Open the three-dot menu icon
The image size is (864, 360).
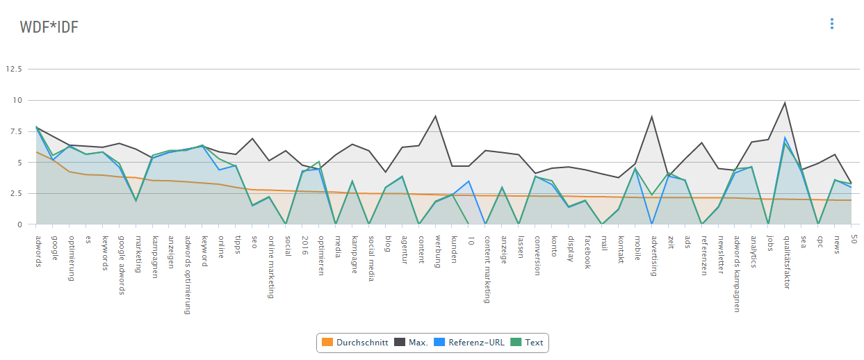(x=831, y=24)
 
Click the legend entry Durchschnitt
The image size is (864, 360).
(x=354, y=343)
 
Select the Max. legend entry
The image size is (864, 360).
(x=411, y=343)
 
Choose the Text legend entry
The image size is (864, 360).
(x=528, y=343)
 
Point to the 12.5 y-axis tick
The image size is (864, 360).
(x=14, y=69)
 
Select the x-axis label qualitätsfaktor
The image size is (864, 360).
(x=787, y=261)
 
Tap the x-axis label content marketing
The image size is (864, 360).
(x=487, y=269)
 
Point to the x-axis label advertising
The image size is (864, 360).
(x=654, y=255)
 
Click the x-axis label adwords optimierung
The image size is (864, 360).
(x=188, y=275)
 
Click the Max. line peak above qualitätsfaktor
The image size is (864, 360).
(x=785, y=104)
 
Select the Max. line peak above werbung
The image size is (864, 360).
(x=436, y=116)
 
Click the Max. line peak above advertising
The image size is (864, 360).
(x=652, y=117)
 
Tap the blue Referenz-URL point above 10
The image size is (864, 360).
(x=470, y=181)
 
